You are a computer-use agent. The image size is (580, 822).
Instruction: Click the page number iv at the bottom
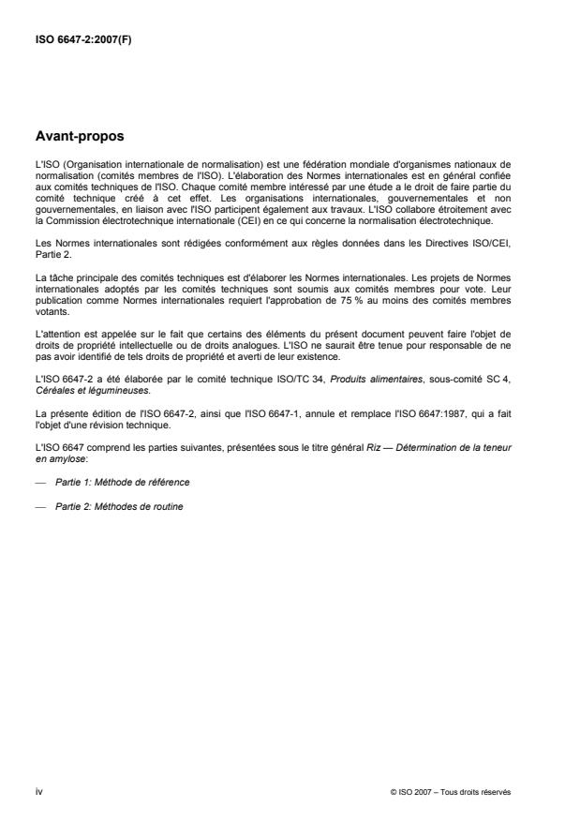coord(38,792)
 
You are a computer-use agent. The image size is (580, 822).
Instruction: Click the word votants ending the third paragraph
coord(50,316)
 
